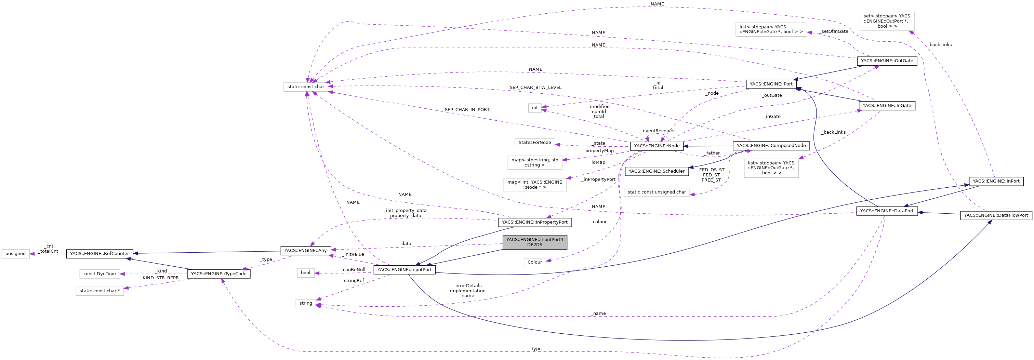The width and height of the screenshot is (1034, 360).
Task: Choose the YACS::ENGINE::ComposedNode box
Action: (x=771, y=146)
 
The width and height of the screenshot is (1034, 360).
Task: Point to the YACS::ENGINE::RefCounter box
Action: (x=100, y=254)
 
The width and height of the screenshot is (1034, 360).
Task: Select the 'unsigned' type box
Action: (x=16, y=254)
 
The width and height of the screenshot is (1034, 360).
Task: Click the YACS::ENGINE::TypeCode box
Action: (x=218, y=274)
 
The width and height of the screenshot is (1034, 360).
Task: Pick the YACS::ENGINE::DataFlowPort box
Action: (x=995, y=215)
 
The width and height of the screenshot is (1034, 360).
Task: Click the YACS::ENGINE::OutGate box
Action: (x=886, y=61)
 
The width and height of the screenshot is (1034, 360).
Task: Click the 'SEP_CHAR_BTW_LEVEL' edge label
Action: (x=535, y=88)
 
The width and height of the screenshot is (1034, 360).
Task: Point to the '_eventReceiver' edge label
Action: (x=657, y=131)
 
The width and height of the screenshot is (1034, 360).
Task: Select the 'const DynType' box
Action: (x=100, y=274)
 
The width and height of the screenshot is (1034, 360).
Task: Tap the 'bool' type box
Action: (x=305, y=273)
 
